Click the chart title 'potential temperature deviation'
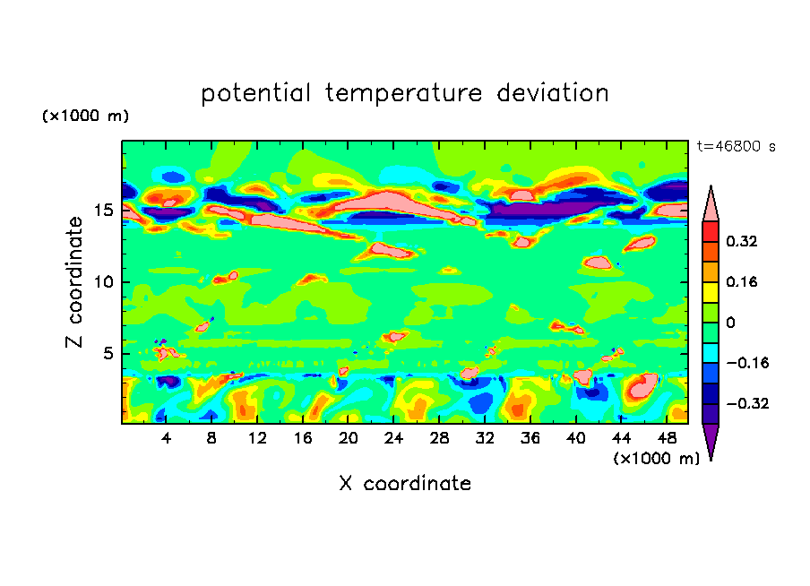(x=405, y=93)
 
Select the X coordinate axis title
(x=405, y=484)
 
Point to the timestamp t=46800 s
(x=737, y=146)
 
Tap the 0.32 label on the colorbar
(x=742, y=241)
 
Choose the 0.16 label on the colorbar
(x=742, y=281)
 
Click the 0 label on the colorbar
(x=730, y=323)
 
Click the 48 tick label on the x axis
(x=666, y=438)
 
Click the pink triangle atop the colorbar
(x=711, y=204)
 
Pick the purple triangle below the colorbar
(x=711, y=440)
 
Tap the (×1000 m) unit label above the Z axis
(x=85, y=116)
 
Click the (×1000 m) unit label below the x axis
(x=656, y=459)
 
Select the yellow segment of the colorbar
(x=711, y=292)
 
